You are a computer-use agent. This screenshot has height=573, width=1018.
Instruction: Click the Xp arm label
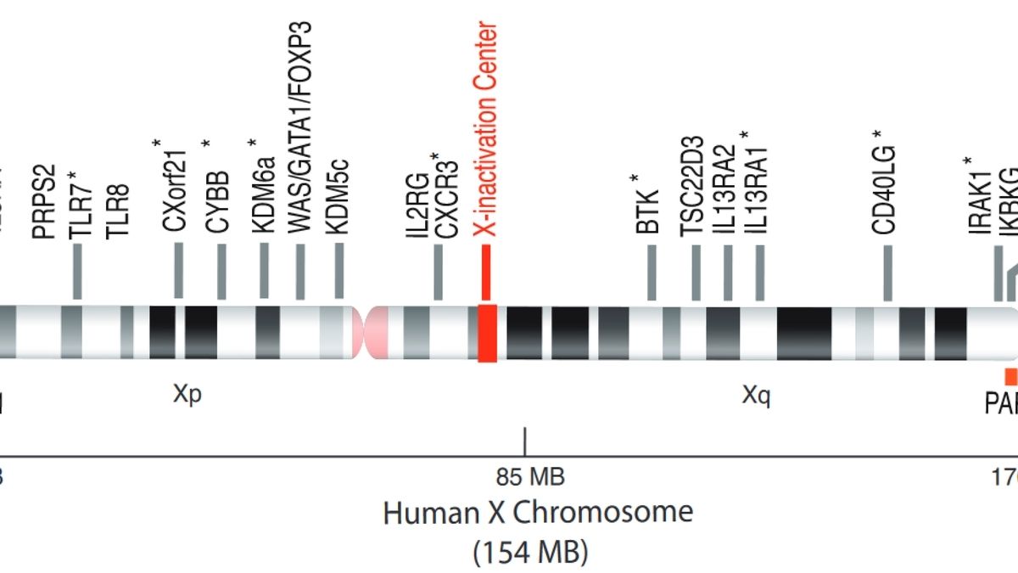[x=187, y=395]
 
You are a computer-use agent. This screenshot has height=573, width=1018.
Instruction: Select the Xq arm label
[x=756, y=396]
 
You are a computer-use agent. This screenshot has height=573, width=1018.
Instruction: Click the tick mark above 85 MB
[x=526, y=442]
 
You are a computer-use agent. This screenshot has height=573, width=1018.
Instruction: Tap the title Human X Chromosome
[x=538, y=514]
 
